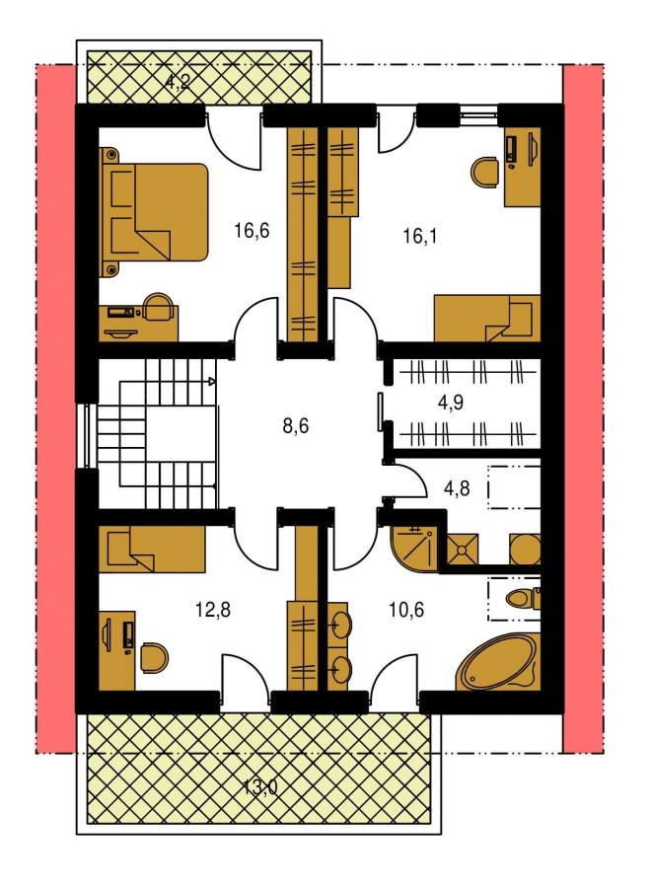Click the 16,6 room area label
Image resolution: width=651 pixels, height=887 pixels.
tap(252, 231)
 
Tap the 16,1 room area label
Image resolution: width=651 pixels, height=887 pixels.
tap(419, 236)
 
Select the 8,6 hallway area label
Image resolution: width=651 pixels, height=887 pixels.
tap(296, 425)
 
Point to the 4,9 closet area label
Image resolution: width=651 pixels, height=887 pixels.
tap(451, 403)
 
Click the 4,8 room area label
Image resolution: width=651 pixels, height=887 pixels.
tap(457, 487)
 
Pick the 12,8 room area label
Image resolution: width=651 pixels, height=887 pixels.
tap(213, 610)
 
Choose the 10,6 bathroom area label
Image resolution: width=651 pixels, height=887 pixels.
tap(406, 610)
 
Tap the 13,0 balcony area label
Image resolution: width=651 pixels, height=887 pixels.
tap(260, 787)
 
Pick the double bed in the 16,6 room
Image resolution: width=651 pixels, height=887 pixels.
tap(153, 212)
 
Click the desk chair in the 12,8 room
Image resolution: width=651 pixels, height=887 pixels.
tap(155, 657)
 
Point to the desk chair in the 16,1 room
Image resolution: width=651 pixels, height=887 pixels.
tap(484, 172)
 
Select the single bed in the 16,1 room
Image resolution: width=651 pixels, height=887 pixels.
tap(487, 318)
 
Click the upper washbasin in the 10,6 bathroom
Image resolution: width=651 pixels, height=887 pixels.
tap(341, 624)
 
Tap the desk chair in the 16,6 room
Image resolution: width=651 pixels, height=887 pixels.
tap(159, 307)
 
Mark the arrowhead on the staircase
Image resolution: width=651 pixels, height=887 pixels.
tap(212, 381)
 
